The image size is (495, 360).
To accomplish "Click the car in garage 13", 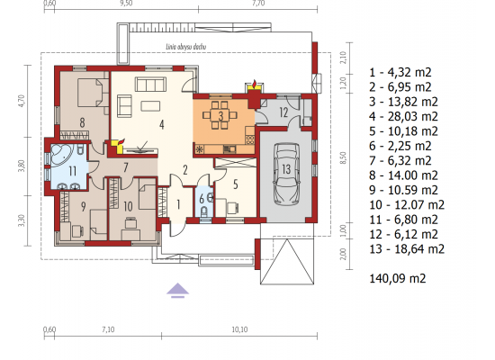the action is [x=286, y=174].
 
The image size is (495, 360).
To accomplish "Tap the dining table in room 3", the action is [x=220, y=115].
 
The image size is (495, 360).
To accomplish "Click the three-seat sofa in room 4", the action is [x=150, y=85].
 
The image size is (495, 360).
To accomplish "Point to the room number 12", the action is [x=283, y=112].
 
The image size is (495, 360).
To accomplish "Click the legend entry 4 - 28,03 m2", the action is [x=403, y=116].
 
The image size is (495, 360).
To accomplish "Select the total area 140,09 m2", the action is [x=398, y=278].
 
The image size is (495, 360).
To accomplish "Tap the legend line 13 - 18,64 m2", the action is [x=407, y=249].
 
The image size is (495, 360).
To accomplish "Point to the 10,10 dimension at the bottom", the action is [x=239, y=329].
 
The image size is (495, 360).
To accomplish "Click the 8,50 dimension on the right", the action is [x=344, y=157].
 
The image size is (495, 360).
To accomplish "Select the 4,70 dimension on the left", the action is [x=22, y=101].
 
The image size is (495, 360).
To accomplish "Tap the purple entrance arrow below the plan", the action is [x=177, y=291].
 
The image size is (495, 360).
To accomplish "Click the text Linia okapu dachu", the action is [x=186, y=47].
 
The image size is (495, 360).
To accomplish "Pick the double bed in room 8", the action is [x=93, y=92].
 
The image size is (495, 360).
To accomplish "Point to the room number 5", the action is [x=236, y=184].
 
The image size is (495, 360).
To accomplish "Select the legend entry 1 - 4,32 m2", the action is [x=400, y=72].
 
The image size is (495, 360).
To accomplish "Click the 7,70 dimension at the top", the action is [x=258, y=4].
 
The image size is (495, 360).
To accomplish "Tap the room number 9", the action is [x=83, y=206].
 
